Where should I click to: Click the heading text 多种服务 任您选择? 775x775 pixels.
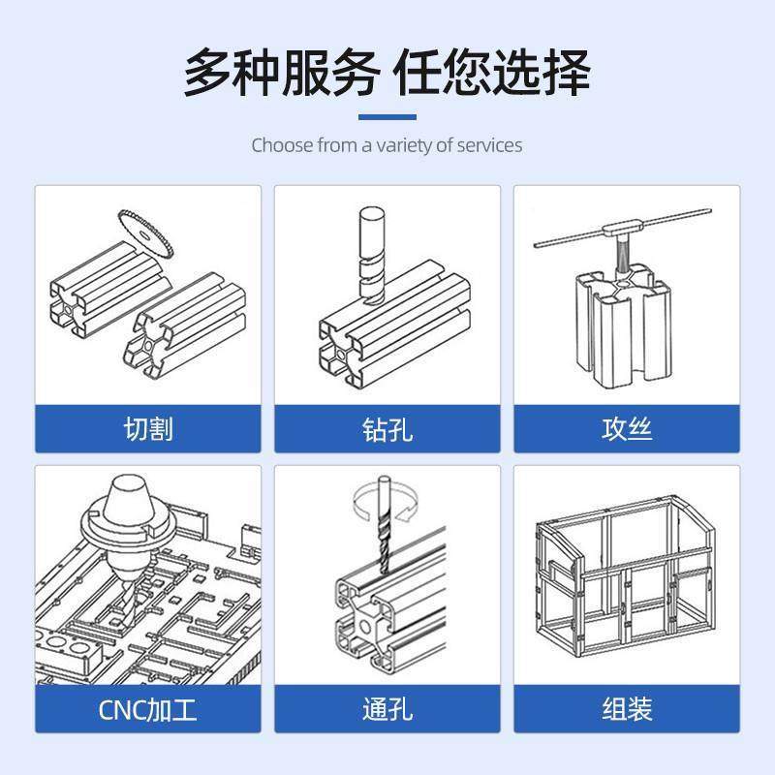pyautogui.click(x=387, y=73)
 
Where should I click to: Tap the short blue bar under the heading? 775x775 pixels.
pyautogui.click(x=387, y=117)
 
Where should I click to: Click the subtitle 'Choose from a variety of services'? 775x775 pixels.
pyautogui.click(x=387, y=145)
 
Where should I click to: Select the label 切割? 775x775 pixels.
pyautogui.click(x=148, y=428)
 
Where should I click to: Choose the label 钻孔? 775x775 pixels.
pyautogui.click(x=387, y=428)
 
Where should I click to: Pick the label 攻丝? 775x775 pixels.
pyautogui.click(x=627, y=428)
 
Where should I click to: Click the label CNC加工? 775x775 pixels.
pyautogui.click(x=148, y=710)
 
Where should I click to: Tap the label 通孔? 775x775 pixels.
pyautogui.click(x=387, y=710)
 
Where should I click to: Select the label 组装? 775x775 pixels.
pyautogui.click(x=627, y=710)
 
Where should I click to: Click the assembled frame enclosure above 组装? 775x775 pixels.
pyautogui.click(x=625, y=576)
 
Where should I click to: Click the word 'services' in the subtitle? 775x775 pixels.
pyautogui.click(x=488, y=145)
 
